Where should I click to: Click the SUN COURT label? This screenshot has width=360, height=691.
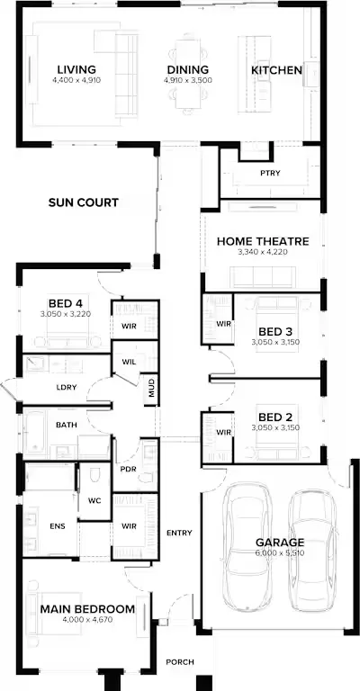pyautogui.click(x=84, y=202)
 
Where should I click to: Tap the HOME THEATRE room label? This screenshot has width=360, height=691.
pyautogui.click(x=263, y=241)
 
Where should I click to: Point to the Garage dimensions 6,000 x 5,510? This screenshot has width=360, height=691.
pyautogui.click(x=279, y=552)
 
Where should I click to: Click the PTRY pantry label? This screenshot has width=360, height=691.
pyautogui.click(x=270, y=173)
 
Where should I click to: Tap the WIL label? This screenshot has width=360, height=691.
pyautogui.click(x=129, y=363)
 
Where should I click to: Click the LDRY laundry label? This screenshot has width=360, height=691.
pyautogui.click(x=67, y=388)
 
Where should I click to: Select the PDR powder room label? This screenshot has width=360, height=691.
pyautogui.click(x=128, y=469)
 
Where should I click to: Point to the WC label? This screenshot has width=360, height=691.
pyautogui.click(x=94, y=500)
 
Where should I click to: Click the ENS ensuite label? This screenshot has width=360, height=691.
pyautogui.click(x=58, y=526)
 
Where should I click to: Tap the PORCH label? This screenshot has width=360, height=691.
pyautogui.click(x=180, y=662)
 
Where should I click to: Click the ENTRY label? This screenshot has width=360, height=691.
pyautogui.click(x=179, y=533)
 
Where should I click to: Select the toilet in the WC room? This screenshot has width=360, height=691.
pyautogui.click(x=95, y=475)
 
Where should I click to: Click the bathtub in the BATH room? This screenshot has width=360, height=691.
pyautogui.click(x=34, y=432)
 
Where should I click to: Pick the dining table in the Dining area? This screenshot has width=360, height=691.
pyautogui.click(x=188, y=74)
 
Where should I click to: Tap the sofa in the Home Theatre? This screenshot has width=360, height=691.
pyautogui.click(x=263, y=277)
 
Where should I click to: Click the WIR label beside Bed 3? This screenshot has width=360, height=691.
pyautogui.click(x=223, y=324)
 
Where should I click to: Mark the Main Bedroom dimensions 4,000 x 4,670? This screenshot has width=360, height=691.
pyautogui.click(x=87, y=620)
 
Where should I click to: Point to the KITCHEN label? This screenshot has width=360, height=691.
pyautogui.click(x=276, y=70)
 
